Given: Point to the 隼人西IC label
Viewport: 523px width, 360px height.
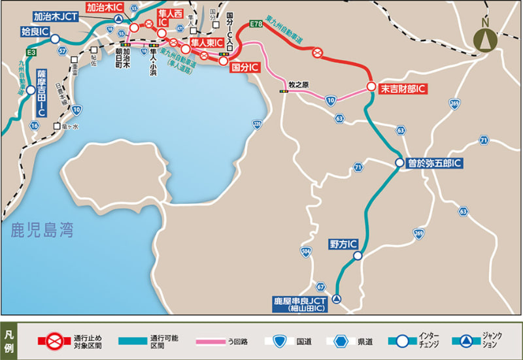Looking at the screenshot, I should coord(171,18).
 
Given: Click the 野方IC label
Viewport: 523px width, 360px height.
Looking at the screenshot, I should coord(343,244).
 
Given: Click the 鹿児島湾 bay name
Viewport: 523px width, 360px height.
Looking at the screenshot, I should coord(42,230).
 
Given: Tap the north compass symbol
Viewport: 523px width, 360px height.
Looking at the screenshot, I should coord(485,38).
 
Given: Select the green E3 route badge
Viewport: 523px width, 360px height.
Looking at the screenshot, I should coord(30,52).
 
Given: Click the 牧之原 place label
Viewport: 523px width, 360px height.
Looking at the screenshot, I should coord(299,84).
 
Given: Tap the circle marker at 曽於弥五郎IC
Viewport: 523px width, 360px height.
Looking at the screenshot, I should coord(399,163).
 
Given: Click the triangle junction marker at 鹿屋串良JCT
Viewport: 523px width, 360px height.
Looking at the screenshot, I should coord(336,299).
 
